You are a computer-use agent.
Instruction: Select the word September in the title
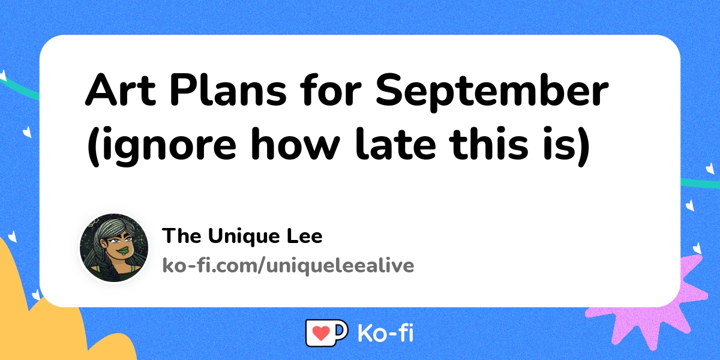493,92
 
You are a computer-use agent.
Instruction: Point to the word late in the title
395,142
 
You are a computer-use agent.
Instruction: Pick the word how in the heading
295,142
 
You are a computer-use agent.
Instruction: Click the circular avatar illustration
114,248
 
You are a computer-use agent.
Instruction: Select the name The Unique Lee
242,236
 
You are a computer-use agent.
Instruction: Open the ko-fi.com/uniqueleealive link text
288,265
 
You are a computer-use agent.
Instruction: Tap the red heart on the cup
321,333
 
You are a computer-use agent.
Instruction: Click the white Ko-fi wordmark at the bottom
385,333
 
